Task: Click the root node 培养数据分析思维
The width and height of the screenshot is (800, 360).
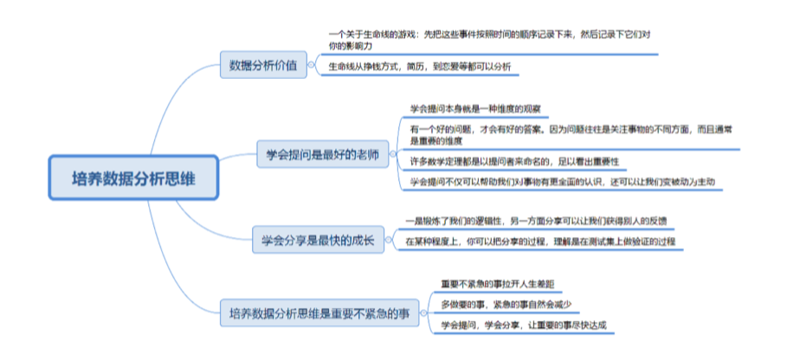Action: click(x=134, y=178)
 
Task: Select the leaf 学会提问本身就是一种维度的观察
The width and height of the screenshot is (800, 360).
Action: click(x=475, y=109)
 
